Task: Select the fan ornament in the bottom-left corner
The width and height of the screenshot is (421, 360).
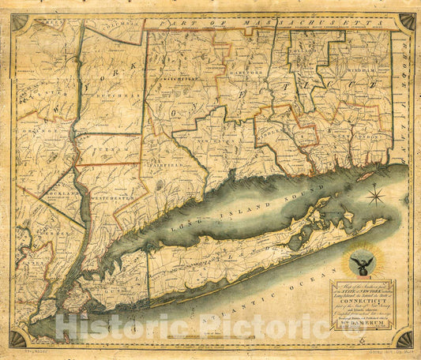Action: (x=17, y=338)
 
